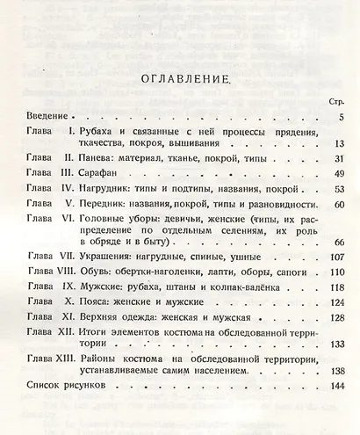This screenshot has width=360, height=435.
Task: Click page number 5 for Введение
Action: pyautogui.click(x=339, y=116)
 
